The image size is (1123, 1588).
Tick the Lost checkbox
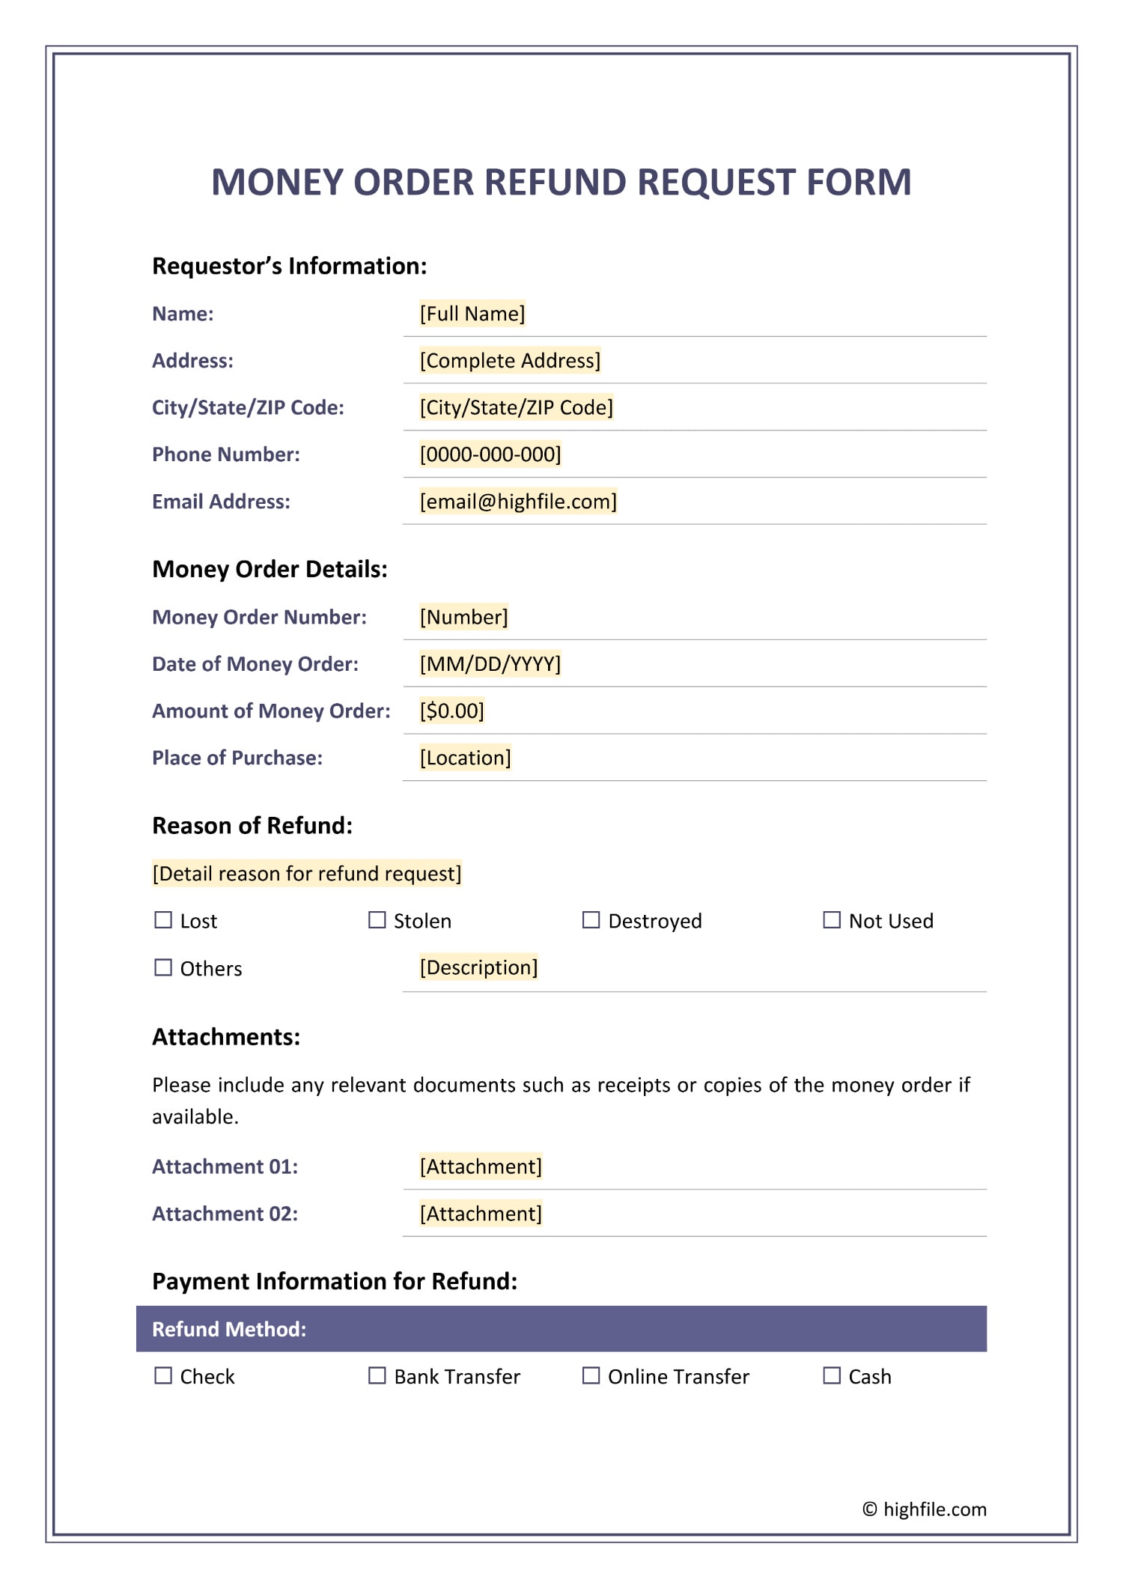(x=162, y=919)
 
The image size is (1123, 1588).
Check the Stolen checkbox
(x=377, y=919)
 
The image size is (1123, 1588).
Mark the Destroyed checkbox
(x=591, y=919)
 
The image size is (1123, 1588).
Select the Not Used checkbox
(x=831, y=919)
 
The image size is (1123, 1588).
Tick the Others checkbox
(x=162, y=967)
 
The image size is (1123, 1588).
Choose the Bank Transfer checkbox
(x=377, y=1375)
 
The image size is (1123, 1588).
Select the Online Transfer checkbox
(x=591, y=1375)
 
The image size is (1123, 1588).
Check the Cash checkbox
(x=831, y=1375)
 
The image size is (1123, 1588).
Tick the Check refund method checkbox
(x=162, y=1375)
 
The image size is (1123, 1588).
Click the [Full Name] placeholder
(x=472, y=314)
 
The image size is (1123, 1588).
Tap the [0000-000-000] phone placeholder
(x=490, y=454)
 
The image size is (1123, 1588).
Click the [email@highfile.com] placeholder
(x=518, y=502)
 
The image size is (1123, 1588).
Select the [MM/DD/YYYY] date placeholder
(x=490, y=664)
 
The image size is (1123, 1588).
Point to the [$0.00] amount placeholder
(x=451, y=711)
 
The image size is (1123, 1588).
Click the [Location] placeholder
(x=465, y=758)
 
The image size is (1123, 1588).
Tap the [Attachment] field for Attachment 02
(x=481, y=1214)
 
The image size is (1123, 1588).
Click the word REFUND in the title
(x=556, y=182)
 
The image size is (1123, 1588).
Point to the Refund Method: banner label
(x=229, y=1329)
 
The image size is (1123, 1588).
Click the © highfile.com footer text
(x=924, y=1509)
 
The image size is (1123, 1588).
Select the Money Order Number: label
(x=259, y=617)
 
